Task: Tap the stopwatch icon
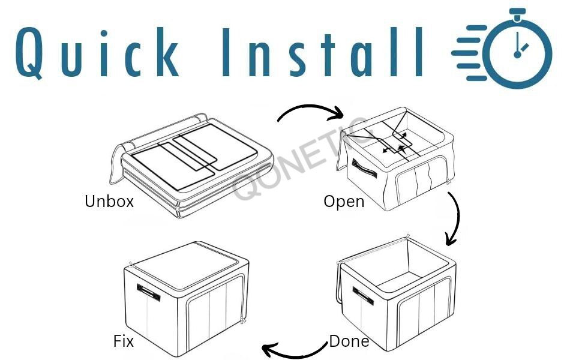pyautogui.click(x=517, y=53)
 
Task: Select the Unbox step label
pyautogui.click(x=109, y=202)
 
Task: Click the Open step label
pyautogui.click(x=344, y=201)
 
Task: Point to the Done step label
pyautogui.click(x=349, y=341)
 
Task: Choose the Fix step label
pyautogui.click(x=123, y=341)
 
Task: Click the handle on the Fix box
pyautogui.click(x=149, y=293)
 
